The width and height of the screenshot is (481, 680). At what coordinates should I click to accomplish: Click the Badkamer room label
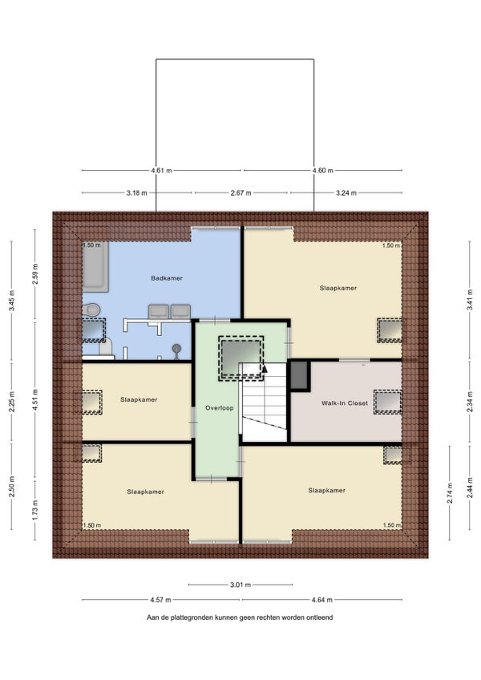tap(167, 278)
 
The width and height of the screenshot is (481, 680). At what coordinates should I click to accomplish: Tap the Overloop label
tap(219, 407)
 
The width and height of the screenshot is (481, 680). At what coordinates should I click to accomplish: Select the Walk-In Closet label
tap(345, 403)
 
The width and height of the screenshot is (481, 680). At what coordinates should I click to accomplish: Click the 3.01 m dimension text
tap(240, 585)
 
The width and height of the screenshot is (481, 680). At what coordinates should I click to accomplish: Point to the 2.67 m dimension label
tap(240, 193)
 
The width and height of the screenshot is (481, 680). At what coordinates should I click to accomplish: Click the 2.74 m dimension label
tap(450, 493)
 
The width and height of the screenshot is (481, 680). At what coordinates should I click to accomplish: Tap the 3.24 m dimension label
tap(346, 193)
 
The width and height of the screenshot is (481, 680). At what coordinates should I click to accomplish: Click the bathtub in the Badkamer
tap(95, 265)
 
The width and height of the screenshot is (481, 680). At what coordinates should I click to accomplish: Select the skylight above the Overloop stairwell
tap(240, 358)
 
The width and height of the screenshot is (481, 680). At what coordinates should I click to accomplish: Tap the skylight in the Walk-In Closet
tap(388, 402)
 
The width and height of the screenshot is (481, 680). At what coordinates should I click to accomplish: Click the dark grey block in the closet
tap(298, 374)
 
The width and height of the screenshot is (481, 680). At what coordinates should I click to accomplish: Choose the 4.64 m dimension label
tap(321, 600)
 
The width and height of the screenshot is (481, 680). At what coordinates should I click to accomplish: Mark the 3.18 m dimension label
tap(136, 193)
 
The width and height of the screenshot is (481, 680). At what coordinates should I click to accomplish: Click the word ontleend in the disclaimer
tap(320, 617)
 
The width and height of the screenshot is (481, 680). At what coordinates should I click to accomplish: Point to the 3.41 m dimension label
tap(470, 300)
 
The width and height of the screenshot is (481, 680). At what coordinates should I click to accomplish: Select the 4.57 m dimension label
tap(160, 600)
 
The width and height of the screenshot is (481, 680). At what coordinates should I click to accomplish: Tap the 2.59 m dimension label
tap(35, 274)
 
